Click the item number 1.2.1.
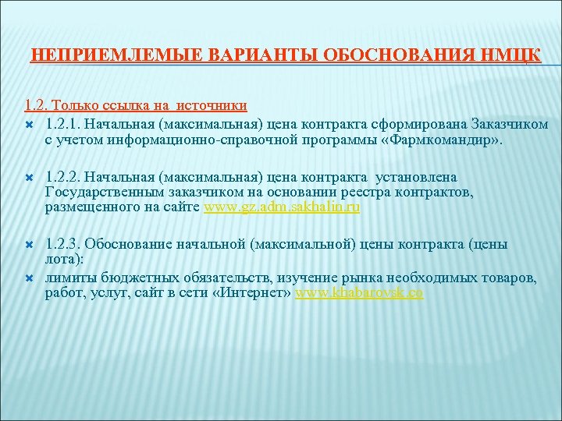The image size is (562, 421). point(63,125)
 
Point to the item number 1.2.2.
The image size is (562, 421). point(63,178)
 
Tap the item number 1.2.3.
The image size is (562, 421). point(63,245)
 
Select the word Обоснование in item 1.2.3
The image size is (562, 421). point(139,245)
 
